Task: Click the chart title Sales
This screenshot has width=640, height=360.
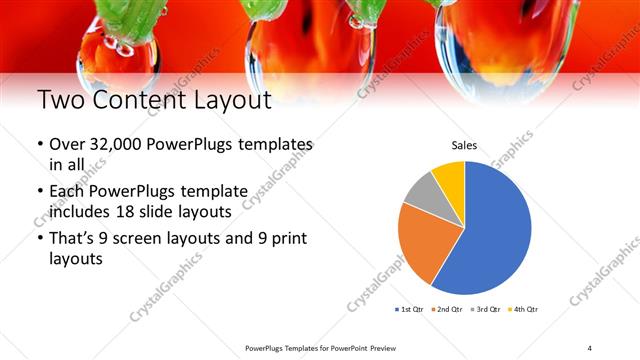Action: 464,145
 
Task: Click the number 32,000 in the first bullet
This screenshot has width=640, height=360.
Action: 111,145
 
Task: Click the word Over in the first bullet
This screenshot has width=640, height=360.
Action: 67,145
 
